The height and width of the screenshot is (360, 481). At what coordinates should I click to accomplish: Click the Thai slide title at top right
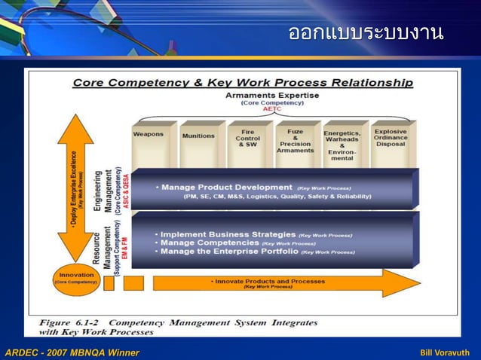pos(366,33)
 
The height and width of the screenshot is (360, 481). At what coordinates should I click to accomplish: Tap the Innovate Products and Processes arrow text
pos(269,282)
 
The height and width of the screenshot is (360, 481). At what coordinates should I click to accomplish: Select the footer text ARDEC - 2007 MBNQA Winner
pos(72,352)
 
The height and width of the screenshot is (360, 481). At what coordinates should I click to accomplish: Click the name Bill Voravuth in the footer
pos(445,352)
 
